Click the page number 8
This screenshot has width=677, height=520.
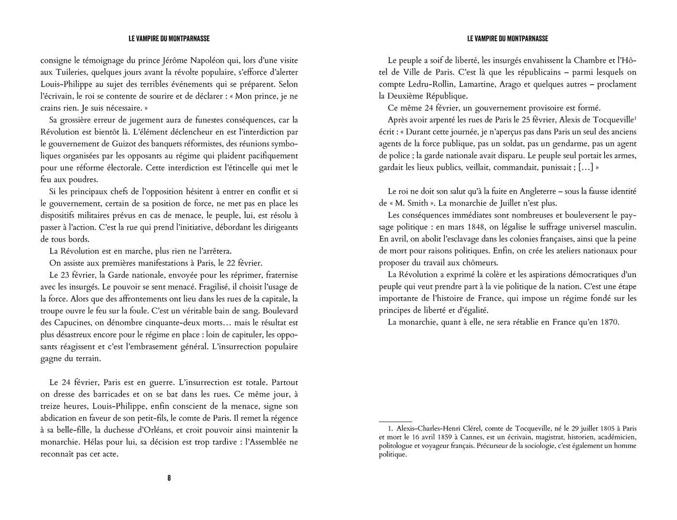click(x=169, y=478)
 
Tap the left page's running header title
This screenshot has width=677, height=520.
click(x=169, y=39)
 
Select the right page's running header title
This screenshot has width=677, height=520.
click(x=508, y=39)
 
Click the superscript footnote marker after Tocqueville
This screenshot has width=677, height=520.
click(x=635, y=118)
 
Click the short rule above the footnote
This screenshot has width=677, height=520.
click(x=396, y=422)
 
